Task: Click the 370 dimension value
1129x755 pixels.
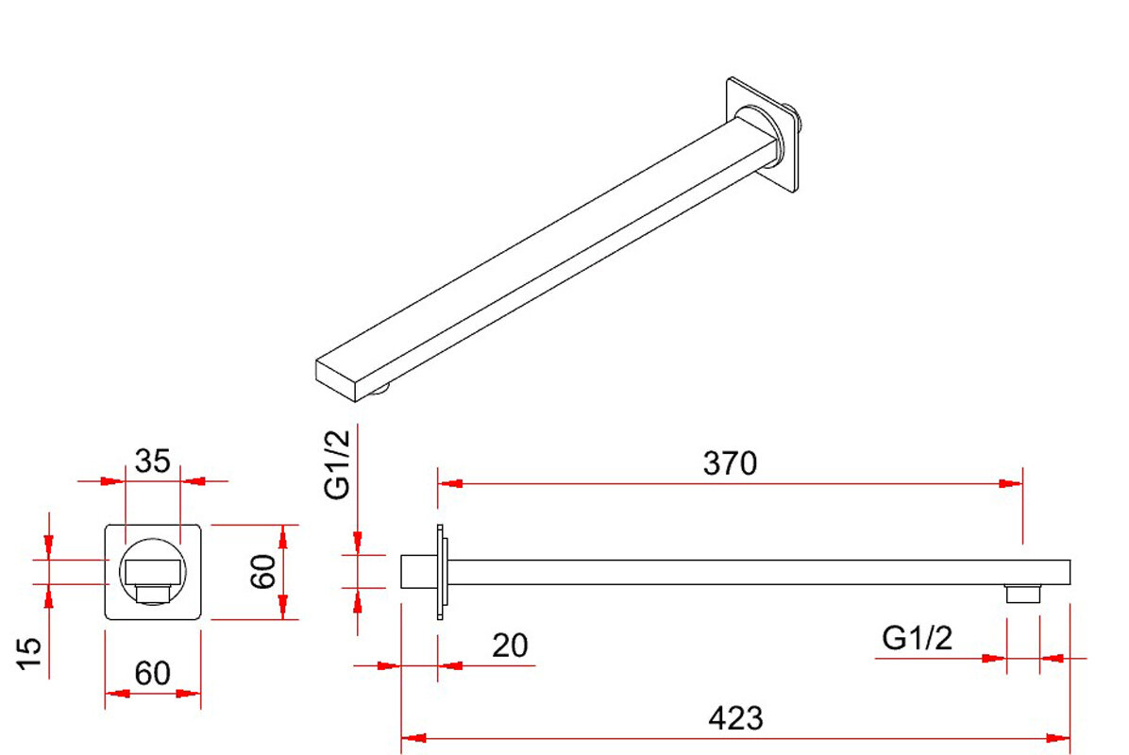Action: pyautogui.click(x=730, y=463)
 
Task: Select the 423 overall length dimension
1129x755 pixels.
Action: pyautogui.click(x=735, y=718)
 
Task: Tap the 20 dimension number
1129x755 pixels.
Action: pyautogui.click(x=510, y=646)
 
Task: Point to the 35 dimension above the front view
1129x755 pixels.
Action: pyautogui.click(x=153, y=461)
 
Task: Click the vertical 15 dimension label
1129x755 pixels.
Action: pyautogui.click(x=29, y=653)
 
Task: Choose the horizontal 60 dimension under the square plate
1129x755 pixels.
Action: pyautogui.click(x=153, y=674)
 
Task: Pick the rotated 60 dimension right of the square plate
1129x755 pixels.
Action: pyautogui.click(x=263, y=572)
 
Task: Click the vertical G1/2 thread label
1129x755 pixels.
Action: pyautogui.click(x=337, y=464)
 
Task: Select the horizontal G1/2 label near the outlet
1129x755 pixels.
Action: pyautogui.click(x=917, y=638)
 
